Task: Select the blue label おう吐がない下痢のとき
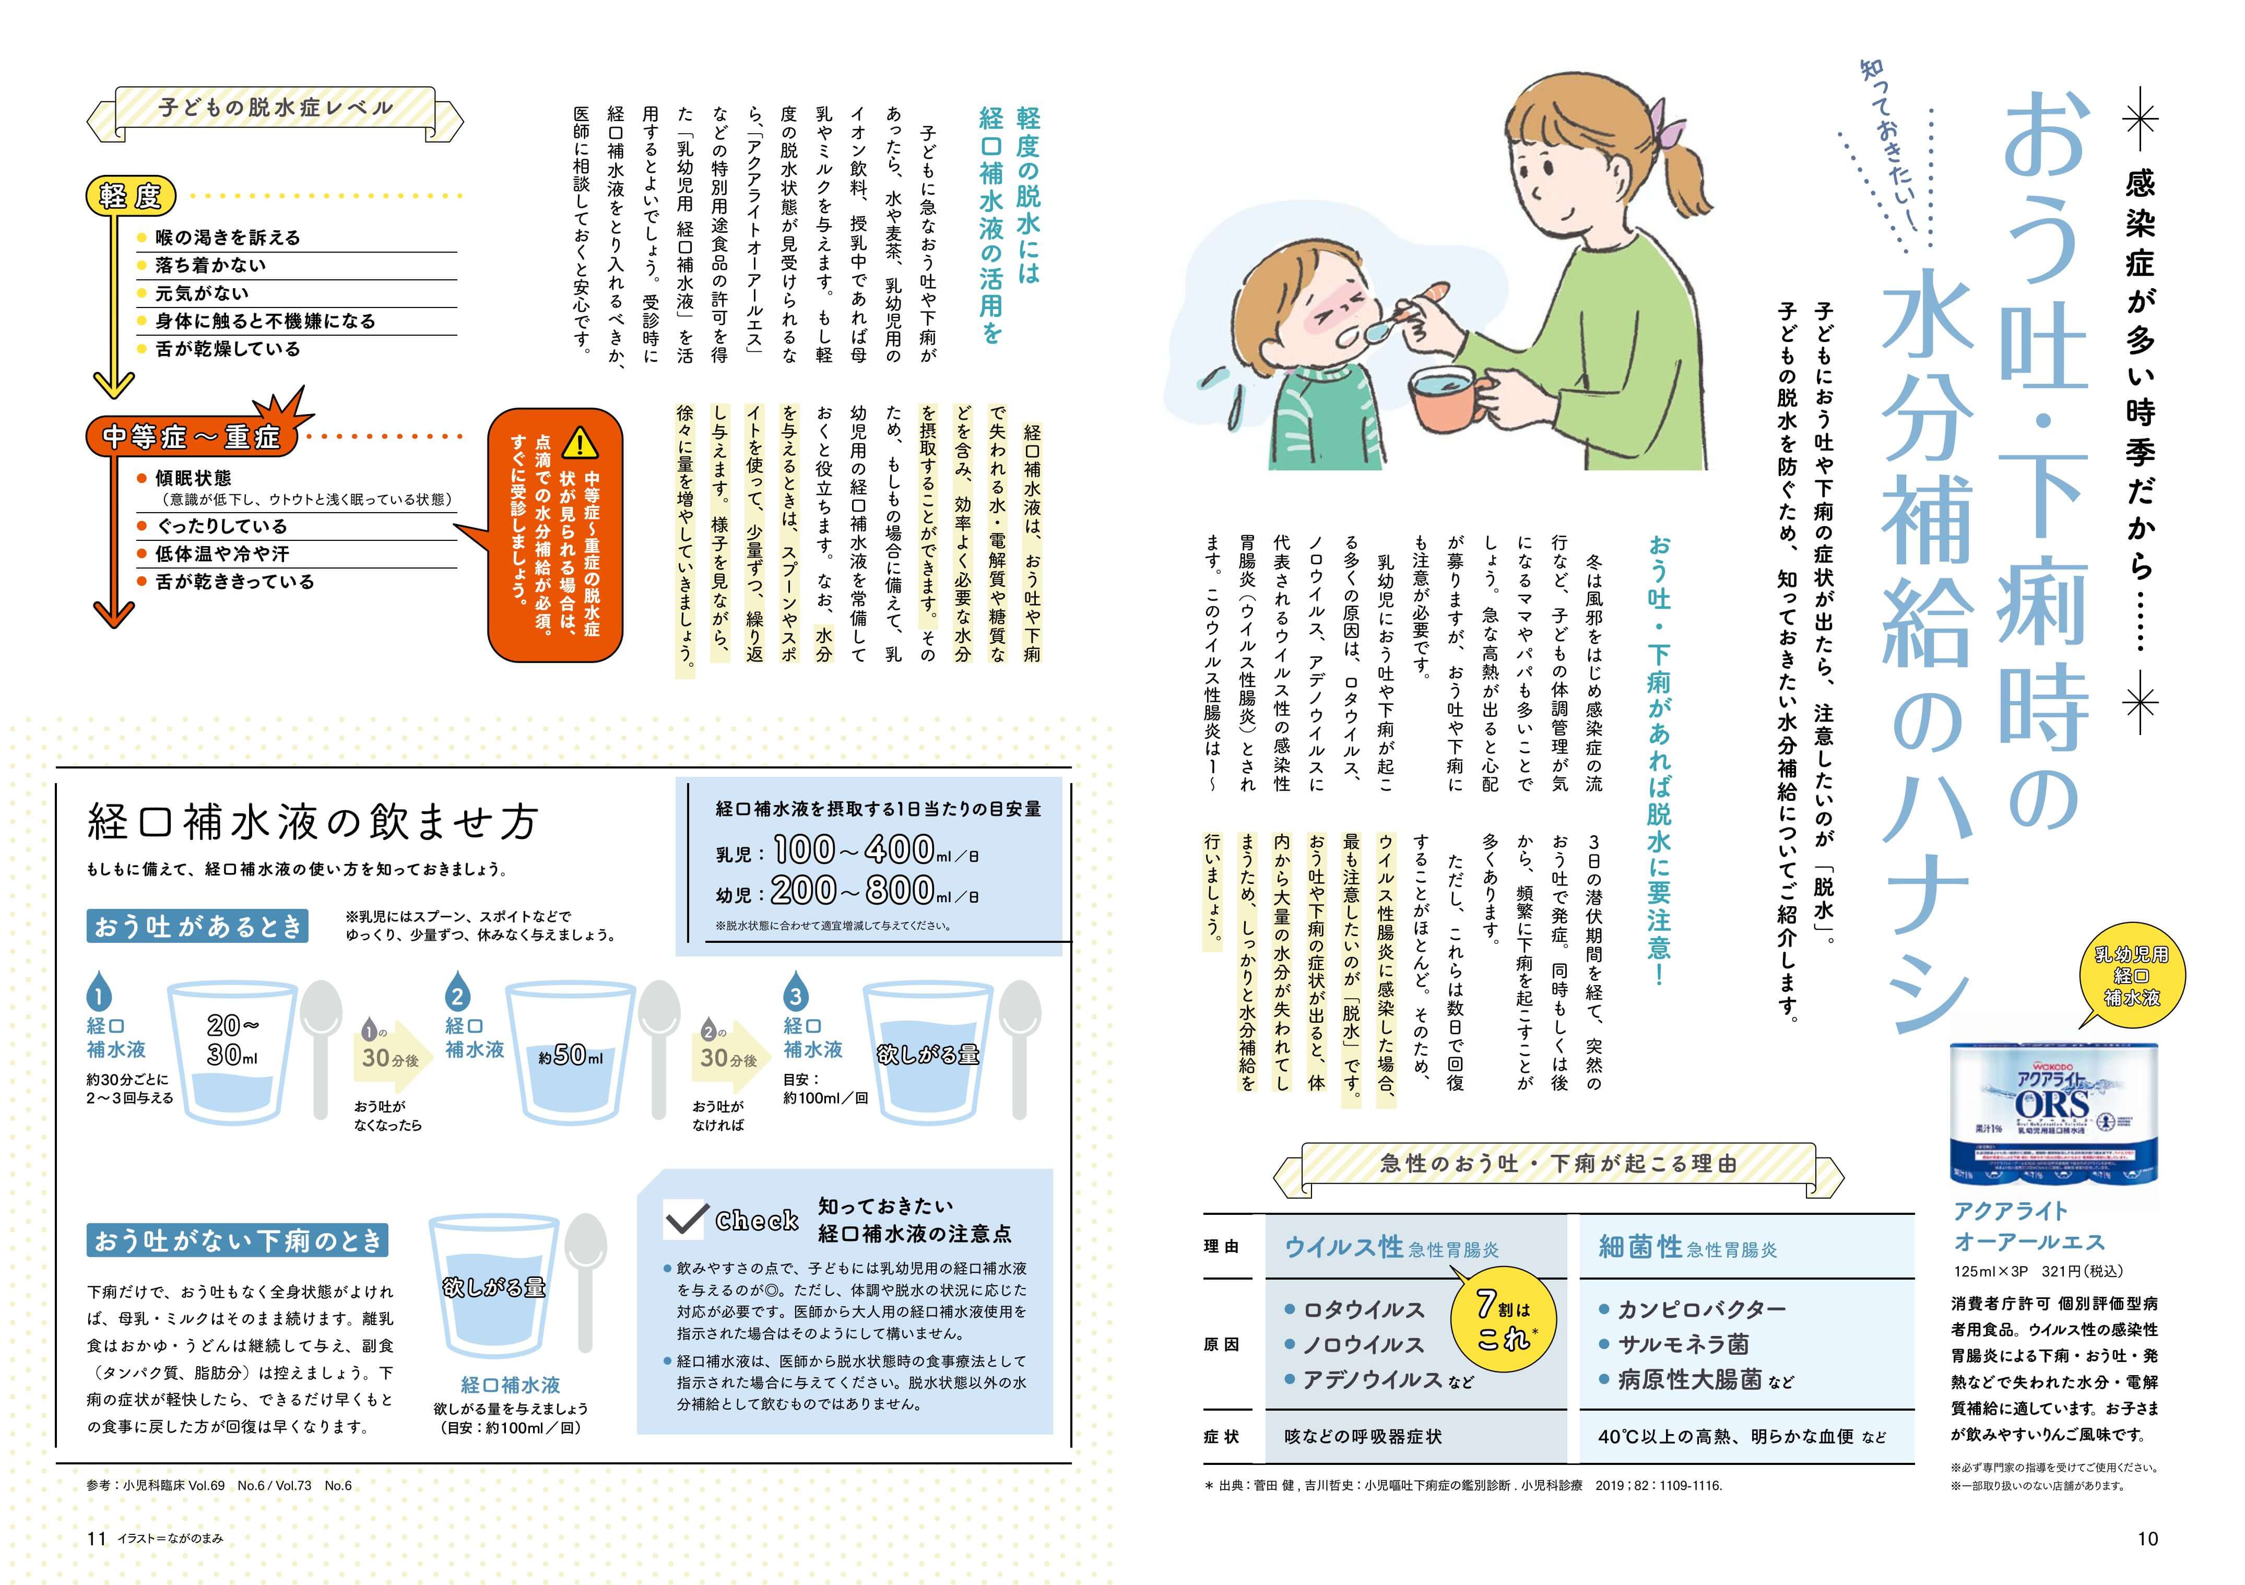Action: [238, 1241]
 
